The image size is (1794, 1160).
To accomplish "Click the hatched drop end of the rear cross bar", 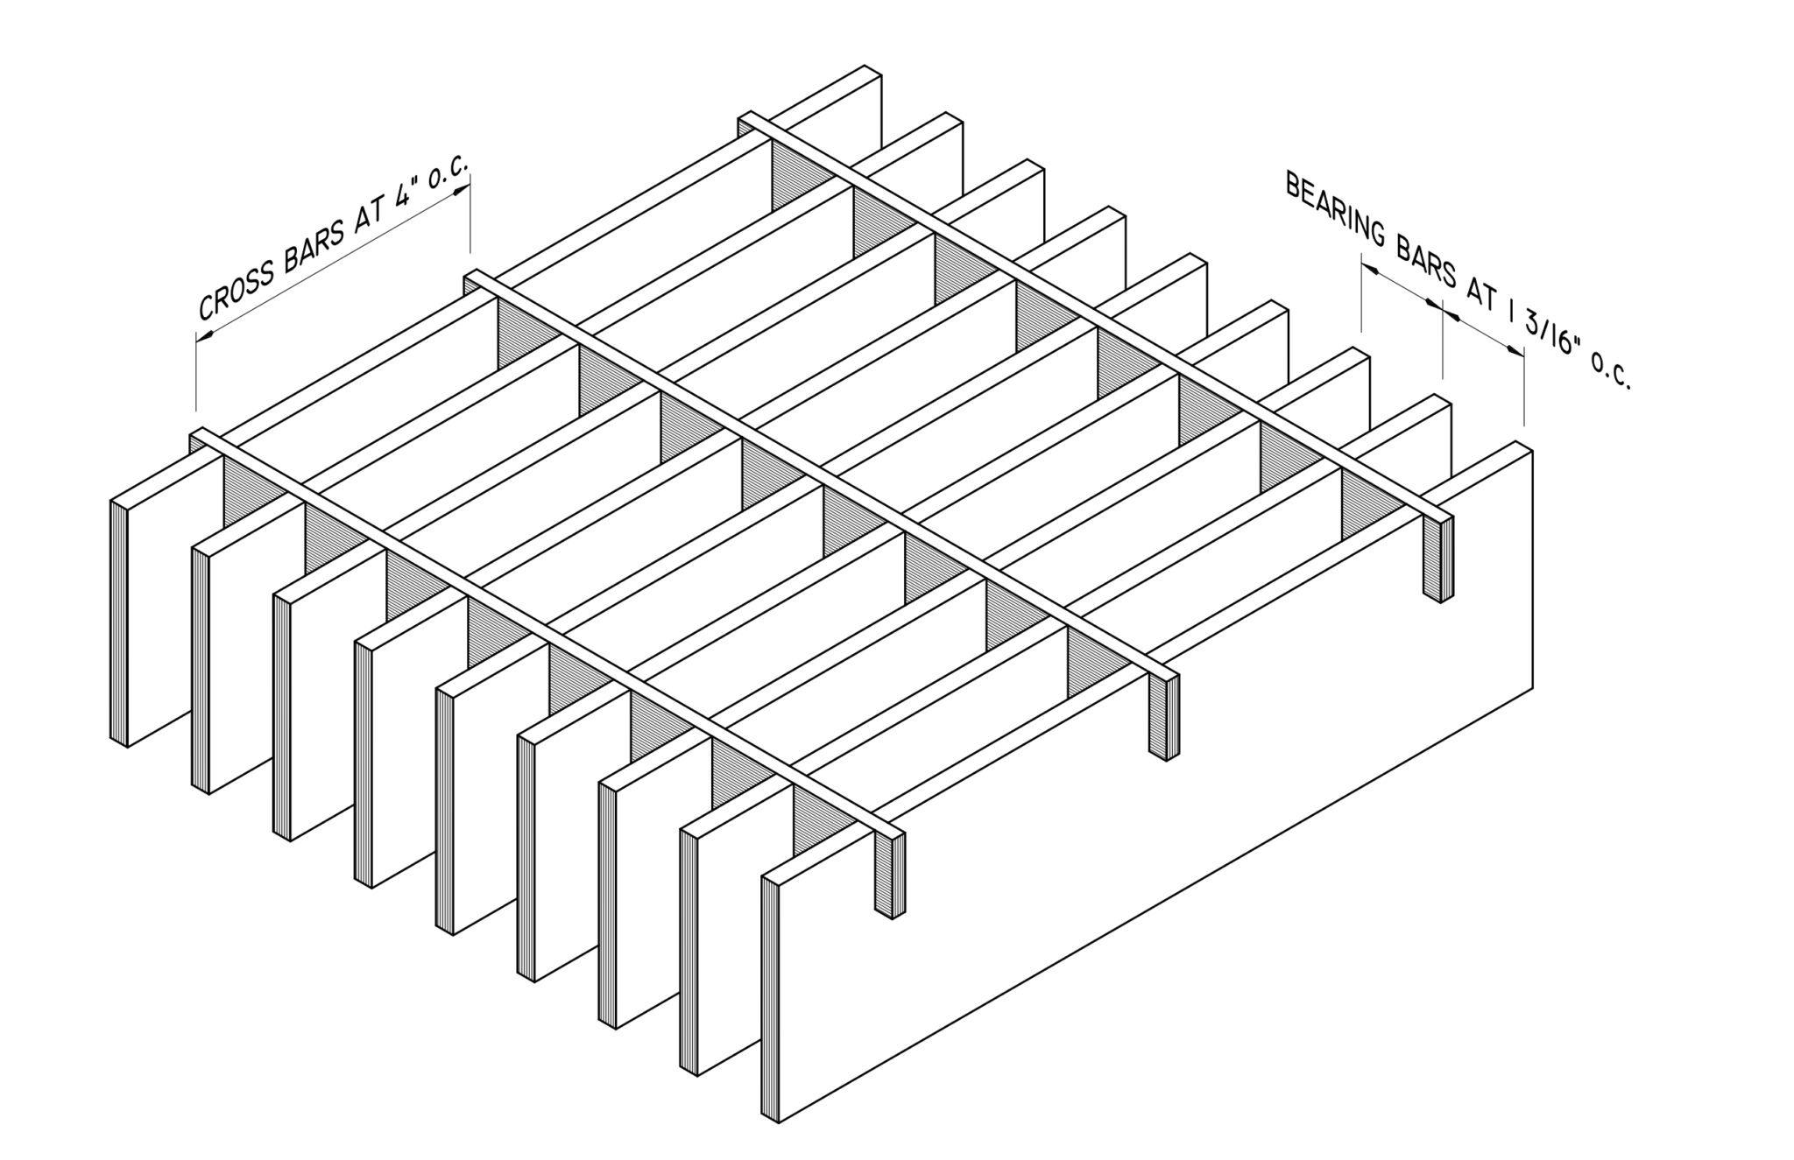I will [x=1437, y=559].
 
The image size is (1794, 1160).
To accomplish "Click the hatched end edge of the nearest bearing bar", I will [x=770, y=998].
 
